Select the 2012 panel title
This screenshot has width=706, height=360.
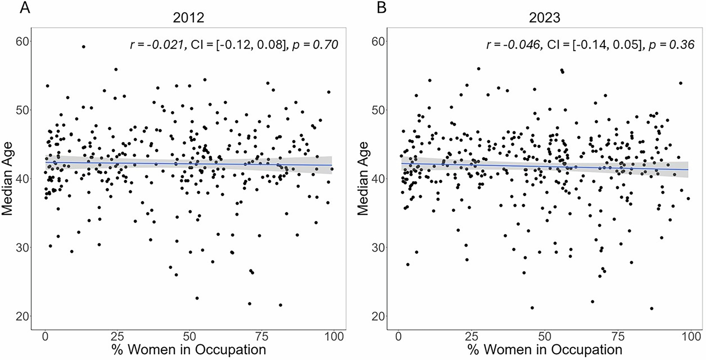189,18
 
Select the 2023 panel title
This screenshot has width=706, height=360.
545,18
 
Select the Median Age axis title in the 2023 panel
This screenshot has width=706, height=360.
363,179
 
